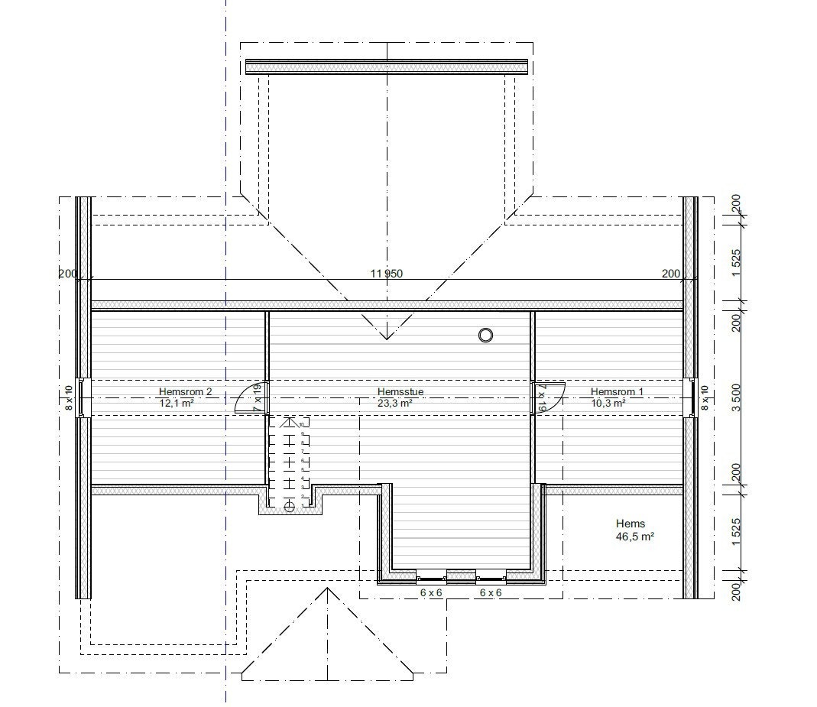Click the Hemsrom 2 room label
[x=186, y=391]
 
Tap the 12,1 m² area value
[x=176, y=403]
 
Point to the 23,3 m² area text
[x=395, y=403]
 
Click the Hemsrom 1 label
[x=617, y=391]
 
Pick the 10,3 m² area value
[x=608, y=403]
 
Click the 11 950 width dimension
[x=387, y=274]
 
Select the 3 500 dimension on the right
[x=737, y=397]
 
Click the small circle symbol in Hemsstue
[x=485, y=335]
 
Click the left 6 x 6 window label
[x=431, y=592]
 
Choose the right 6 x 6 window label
[x=491, y=592]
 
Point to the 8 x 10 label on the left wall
[x=69, y=397]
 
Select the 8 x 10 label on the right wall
[x=705, y=397]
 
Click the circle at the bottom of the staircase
[x=289, y=506]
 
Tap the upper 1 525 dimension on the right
[x=737, y=264]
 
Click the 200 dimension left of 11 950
[x=67, y=274]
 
